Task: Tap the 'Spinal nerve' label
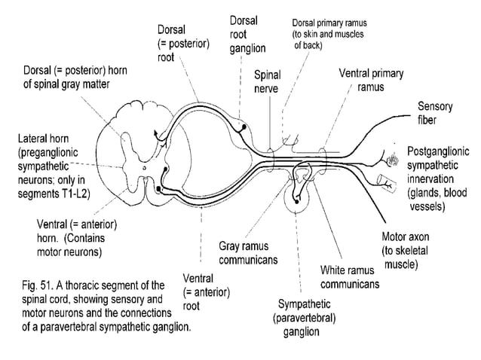266,82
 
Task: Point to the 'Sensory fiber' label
436,112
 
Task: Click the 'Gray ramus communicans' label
249,253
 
